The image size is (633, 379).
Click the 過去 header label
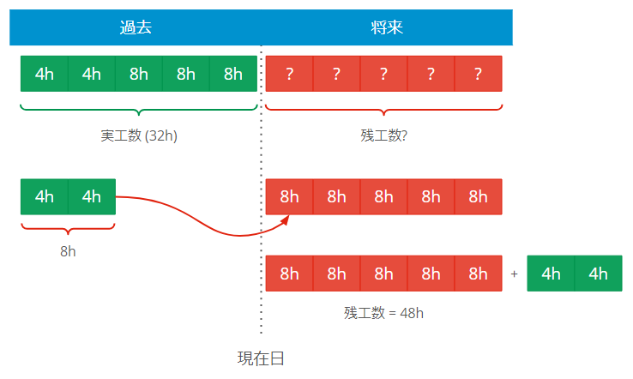(136, 27)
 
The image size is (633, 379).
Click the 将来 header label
(386, 27)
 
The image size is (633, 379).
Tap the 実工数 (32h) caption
(139, 135)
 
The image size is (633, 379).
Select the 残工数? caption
(383, 135)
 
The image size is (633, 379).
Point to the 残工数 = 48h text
(383, 313)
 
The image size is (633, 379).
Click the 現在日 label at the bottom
(261, 358)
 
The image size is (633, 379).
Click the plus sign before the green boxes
(515, 274)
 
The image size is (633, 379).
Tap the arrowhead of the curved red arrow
(287, 220)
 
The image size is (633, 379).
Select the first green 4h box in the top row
(45, 74)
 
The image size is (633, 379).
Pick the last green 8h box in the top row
(233, 74)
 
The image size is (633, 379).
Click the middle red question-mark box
(383, 74)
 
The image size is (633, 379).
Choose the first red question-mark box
(290, 74)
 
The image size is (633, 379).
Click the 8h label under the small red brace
(68, 252)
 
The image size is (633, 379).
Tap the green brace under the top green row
(139, 110)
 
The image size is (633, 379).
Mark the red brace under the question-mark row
(383, 110)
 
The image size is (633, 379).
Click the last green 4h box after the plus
(598, 274)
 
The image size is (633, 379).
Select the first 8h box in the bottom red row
(290, 274)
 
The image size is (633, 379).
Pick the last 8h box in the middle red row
(478, 196)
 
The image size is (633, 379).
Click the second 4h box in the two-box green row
(92, 196)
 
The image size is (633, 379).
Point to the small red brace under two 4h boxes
(68, 228)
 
